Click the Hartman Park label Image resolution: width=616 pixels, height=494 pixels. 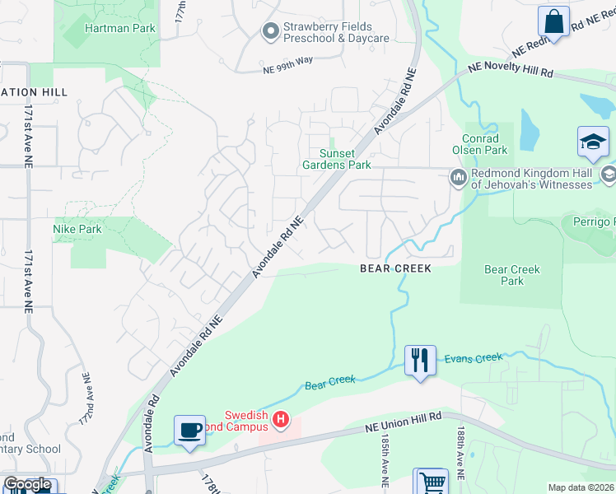[x=109, y=28]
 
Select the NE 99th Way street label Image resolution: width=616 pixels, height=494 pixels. [x=288, y=71]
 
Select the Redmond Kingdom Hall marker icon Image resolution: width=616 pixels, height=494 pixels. [x=458, y=177]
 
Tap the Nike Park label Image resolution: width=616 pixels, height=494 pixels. [x=77, y=229]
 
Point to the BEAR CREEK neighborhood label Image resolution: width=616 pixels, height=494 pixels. [x=395, y=268]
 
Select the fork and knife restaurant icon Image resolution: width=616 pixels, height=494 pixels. [x=420, y=360]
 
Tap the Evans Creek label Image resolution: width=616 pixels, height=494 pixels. [x=473, y=358]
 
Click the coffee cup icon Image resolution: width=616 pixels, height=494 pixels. [x=189, y=430]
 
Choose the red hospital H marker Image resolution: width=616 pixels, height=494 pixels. [x=281, y=421]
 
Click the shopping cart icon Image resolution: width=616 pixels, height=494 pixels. [x=432, y=482]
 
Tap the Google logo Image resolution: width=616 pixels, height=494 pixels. [x=26, y=484]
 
